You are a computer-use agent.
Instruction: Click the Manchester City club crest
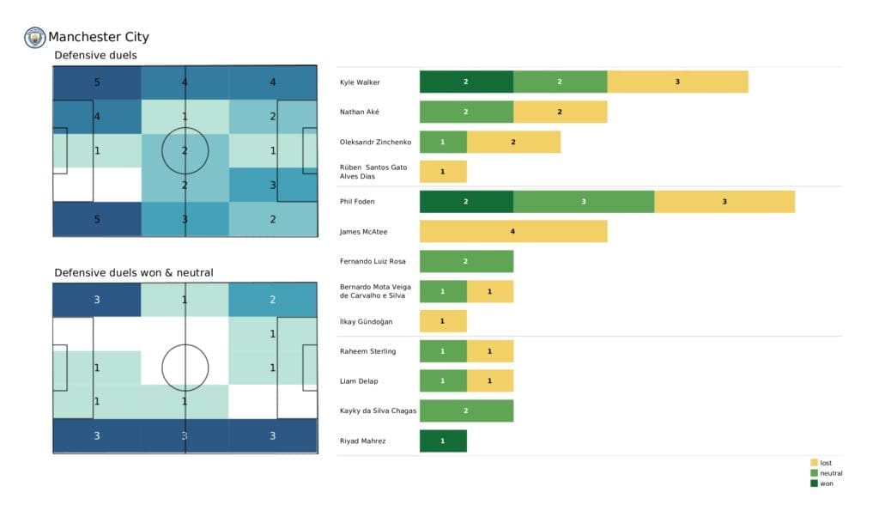pos(35,37)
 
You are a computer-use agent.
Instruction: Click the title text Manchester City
pos(99,37)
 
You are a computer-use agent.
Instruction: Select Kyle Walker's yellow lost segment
pos(677,82)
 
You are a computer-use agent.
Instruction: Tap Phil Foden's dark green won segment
pos(466,202)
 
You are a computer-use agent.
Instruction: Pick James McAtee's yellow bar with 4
pos(513,232)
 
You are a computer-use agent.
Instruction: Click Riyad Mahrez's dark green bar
pos(443,441)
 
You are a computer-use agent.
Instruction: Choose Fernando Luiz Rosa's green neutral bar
pos(466,261)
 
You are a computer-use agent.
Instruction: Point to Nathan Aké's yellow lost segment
pos(560,112)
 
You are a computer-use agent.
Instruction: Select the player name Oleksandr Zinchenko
pos(375,142)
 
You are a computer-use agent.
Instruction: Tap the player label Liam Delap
pos(359,381)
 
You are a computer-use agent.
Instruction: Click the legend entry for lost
pos(825,463)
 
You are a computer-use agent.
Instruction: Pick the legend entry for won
pos(825,484)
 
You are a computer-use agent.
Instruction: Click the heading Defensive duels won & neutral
pos(134,273)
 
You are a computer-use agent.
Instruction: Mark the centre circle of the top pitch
pos(185,150)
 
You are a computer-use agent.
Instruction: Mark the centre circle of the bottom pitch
pos(185,367)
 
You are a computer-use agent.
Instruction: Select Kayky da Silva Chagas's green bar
pos(466,411)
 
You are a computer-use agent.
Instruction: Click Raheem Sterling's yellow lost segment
pos(490,351)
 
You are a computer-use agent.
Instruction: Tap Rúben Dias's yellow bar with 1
pos(443,172)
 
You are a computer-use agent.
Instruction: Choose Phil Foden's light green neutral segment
pos(584,202)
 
